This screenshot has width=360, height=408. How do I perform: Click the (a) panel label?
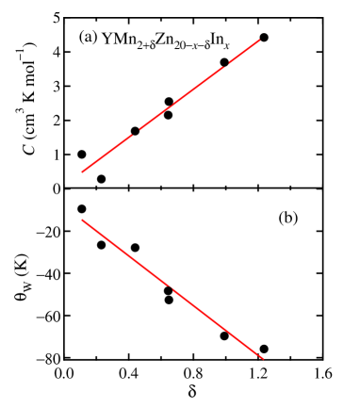click(88, 38)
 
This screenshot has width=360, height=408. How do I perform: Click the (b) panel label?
click(287, 218)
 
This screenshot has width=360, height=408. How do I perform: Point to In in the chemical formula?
click(217, 39)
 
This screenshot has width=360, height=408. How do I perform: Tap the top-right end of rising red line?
click(259, 41)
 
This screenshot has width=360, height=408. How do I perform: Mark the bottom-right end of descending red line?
click(263, 358)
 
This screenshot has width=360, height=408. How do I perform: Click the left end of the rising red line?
click(83, 171)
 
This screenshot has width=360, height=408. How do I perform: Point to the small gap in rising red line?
click(139, 129)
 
